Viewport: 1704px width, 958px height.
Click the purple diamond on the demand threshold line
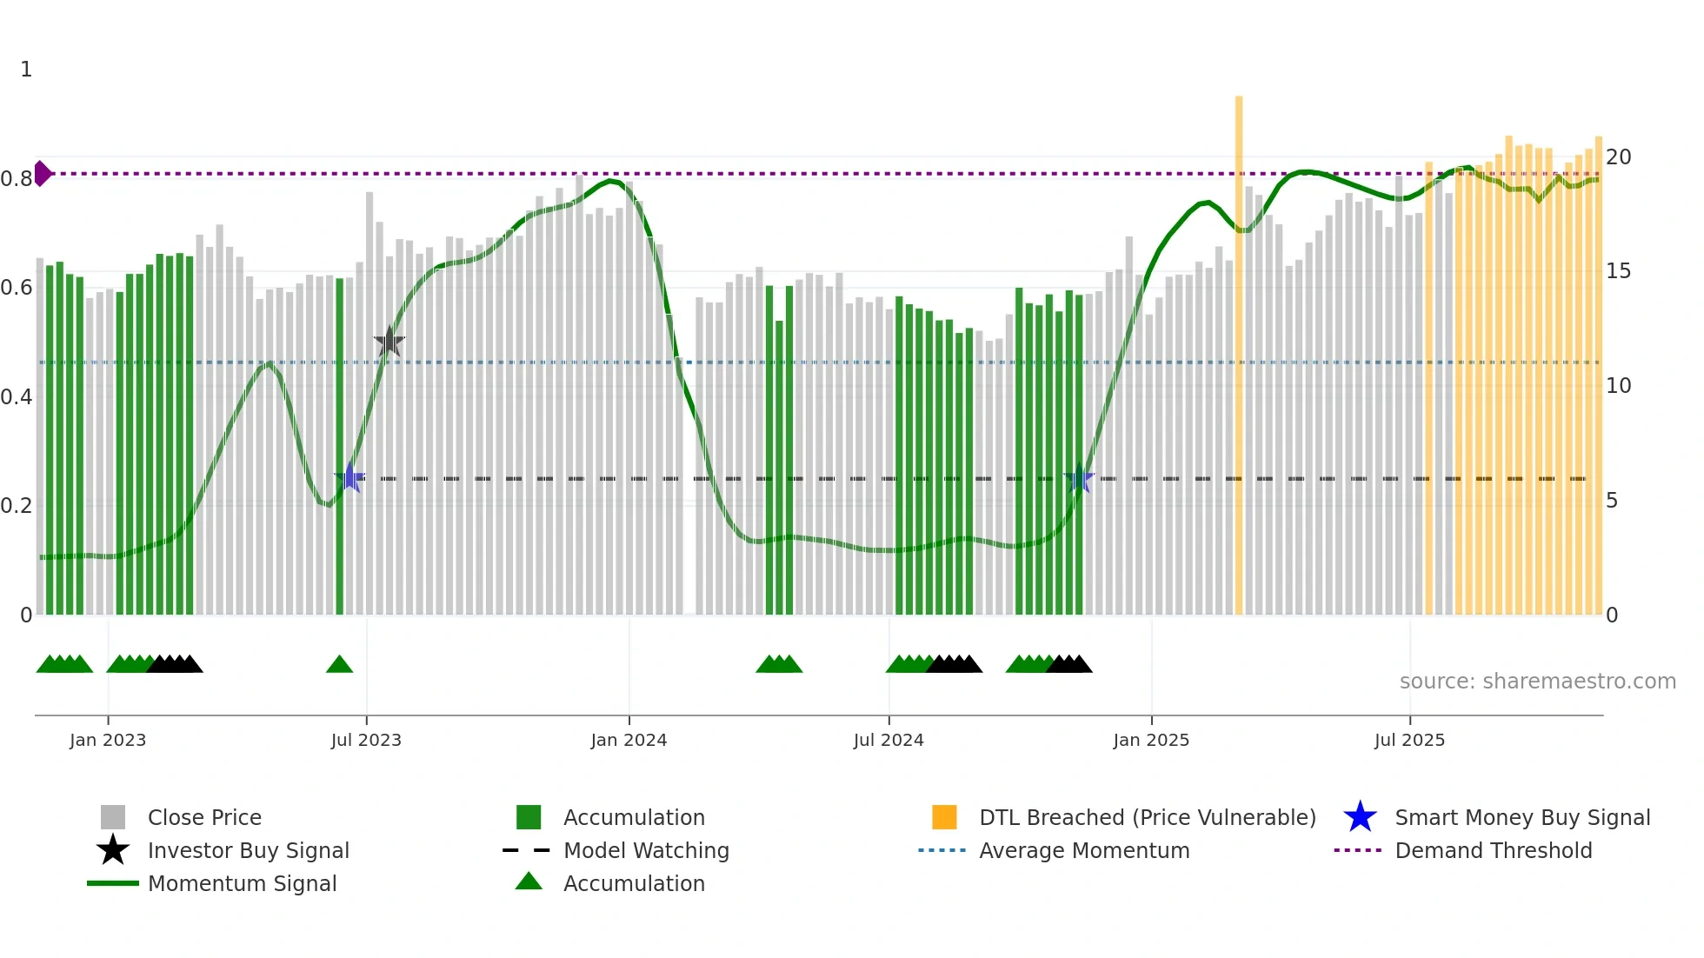pyautogui.click(x=42, y=173)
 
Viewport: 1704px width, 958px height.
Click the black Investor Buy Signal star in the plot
pyautogui.click(x=389, y=342)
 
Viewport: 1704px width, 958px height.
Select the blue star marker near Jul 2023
pyautogui.click(x=349, y=477)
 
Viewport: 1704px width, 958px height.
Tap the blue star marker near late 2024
pyautogui.click(x=1078, y=478)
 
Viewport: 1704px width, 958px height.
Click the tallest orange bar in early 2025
pyautogui.click(x=1239, y=348)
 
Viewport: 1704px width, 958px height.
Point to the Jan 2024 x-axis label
pyautogui.click(x=629, y=740)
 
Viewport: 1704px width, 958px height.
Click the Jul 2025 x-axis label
pyautogui.click(x=1409, y=740)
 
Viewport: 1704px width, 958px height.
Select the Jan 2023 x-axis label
pyautogui.click(x=108, y=740)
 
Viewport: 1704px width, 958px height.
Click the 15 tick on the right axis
pyautogui.click(x=1618, y=271)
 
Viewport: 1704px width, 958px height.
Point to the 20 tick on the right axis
pyautogui.click(x=1618, y=157)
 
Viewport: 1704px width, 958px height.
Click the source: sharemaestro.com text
pyautogui.click(x=1537, y=681)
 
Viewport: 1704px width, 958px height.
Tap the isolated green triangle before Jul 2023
pyautogui.click(x=339, y=665)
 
